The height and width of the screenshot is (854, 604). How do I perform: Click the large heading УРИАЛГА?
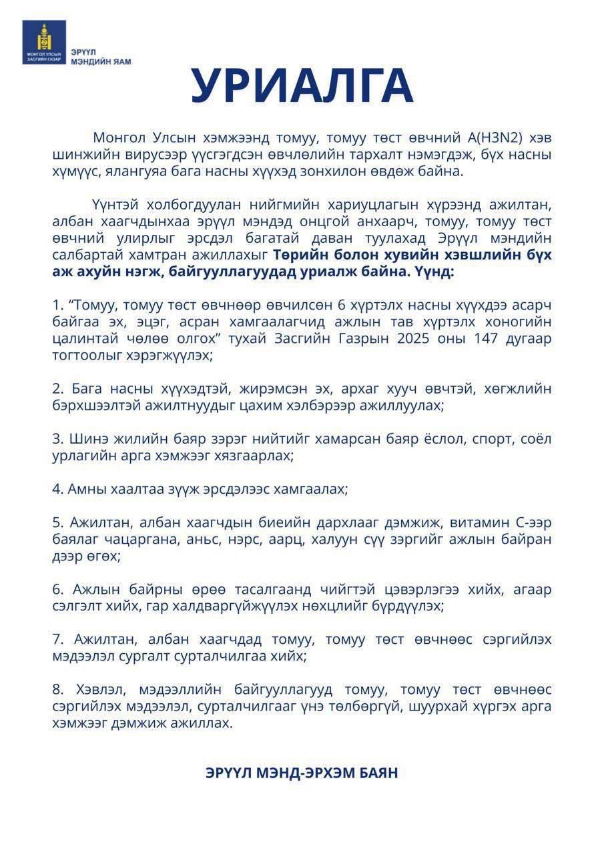pyautogui.click(x=302, y=86)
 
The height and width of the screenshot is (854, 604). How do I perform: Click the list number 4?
pyautogui.click(x=57, y=489)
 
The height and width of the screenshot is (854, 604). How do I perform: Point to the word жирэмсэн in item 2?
pyautogui.click(x=228, y=389)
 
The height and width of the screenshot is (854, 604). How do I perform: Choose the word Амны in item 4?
pyautogui.click(x=85, y=489)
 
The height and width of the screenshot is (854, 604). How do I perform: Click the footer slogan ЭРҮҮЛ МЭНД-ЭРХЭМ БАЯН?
pyautogui.click(x=302, y=773)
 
